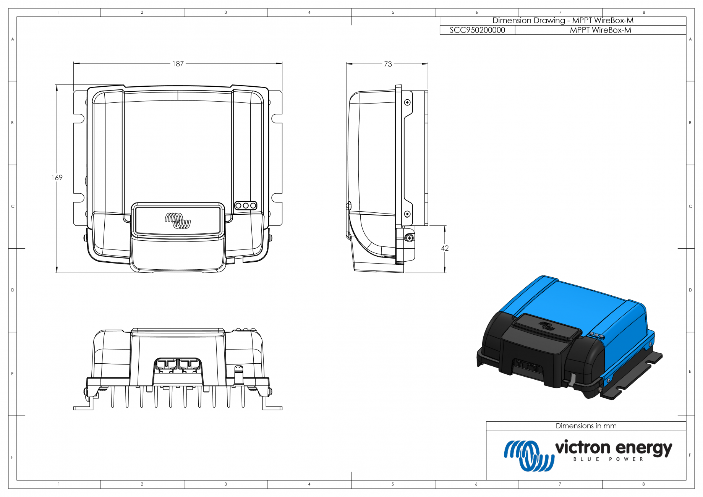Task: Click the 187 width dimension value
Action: click(178, 64)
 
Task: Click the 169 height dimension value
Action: click(57, 178)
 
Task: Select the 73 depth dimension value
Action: click(388, 64)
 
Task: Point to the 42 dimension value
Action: click(445, 248)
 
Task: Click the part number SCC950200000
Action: click(477, 30)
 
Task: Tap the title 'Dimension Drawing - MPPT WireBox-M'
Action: click(563, 21)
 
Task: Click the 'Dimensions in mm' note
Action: click(586, 426)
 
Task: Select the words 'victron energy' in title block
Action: click(614, 448)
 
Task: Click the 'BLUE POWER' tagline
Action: click(608, 459)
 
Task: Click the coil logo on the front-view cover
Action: click(178, 220)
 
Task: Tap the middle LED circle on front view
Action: click(246, 206)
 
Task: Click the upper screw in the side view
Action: click(408, 102)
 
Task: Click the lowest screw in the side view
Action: click(409, 238)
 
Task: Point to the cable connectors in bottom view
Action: click(178, 365)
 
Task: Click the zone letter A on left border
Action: click(13, 39)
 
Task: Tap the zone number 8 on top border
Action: click(644, 13)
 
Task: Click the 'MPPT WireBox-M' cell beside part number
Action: click(600, 30)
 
